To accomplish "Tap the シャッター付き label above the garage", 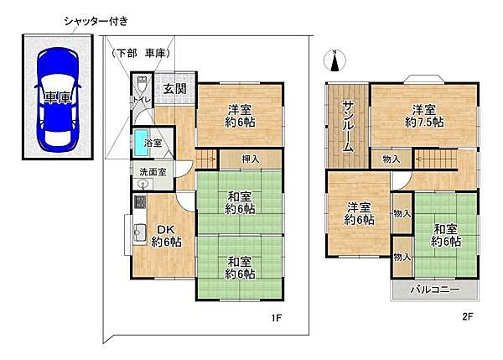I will click(x=96, y=20).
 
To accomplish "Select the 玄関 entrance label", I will click(x=174, y=89).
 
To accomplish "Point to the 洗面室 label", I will click(x=152, y=173).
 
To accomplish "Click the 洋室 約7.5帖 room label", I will click(x=423, y=115).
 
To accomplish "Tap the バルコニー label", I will click(x=434, y=290).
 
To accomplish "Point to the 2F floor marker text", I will click(x=468, y=317).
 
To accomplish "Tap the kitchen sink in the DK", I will click(x=138, y=232).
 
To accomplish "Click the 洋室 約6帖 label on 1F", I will click(x=239, y=115).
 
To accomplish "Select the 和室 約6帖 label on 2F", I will click(x=446, y=234).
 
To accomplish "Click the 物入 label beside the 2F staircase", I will click(x=390, y=159).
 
